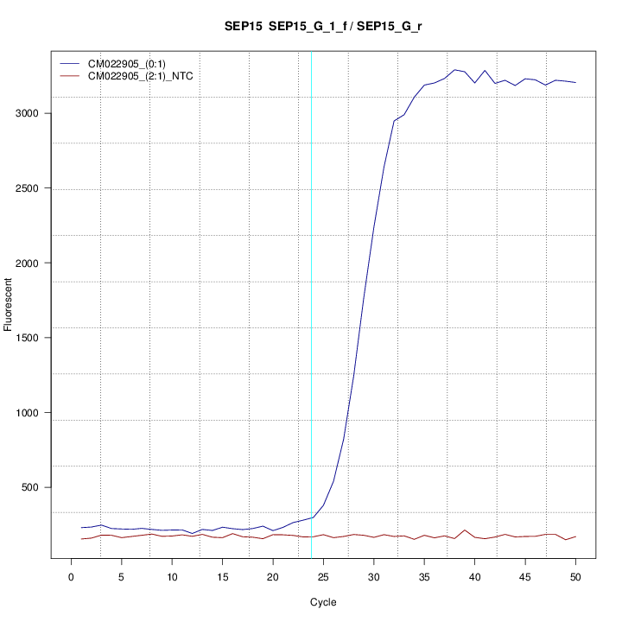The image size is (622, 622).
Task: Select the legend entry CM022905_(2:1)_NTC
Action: point(141,76)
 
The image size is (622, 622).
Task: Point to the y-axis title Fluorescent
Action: point(10,304)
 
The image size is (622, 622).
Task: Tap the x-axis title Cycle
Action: point(322,602)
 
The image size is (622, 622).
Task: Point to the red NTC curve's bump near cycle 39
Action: point(465,530)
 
